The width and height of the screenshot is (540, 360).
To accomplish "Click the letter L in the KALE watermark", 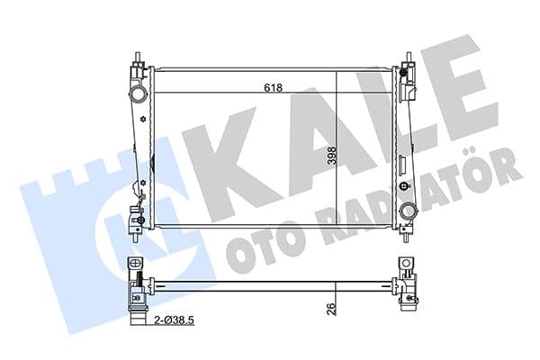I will (x=396, y=112).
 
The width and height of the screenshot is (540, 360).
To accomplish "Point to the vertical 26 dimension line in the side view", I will (x=336, y=301).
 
